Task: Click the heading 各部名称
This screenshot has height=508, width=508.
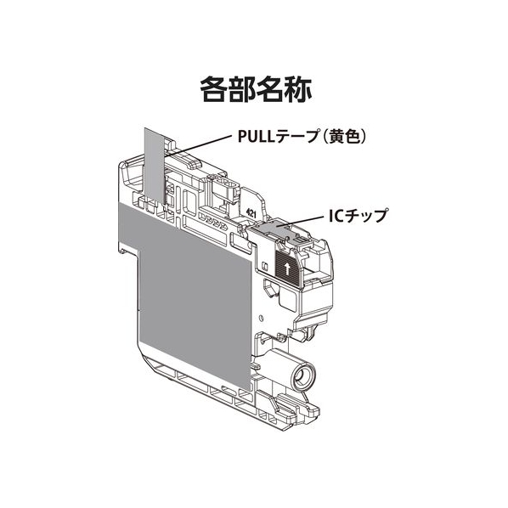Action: [256, 90]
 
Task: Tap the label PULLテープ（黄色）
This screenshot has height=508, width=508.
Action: [302, 137]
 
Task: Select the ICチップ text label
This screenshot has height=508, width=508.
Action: [358, 216]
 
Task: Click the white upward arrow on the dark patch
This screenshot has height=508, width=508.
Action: [286, 268]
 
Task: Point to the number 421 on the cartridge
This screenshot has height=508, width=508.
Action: [251, 213]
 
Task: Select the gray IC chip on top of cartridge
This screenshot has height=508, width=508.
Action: [272, 229]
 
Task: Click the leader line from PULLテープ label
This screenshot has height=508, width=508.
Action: [198, 146]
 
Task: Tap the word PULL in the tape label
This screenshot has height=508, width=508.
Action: [257, 137]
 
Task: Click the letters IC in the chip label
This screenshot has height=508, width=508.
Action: [336, 217]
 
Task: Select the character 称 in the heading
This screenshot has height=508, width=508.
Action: [298, 90]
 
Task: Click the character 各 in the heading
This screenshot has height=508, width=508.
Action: [213, 90]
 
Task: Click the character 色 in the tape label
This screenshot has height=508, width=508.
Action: [353, 137]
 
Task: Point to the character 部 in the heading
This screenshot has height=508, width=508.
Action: [242, 90]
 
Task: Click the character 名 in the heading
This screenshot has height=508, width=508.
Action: [270, 90]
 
